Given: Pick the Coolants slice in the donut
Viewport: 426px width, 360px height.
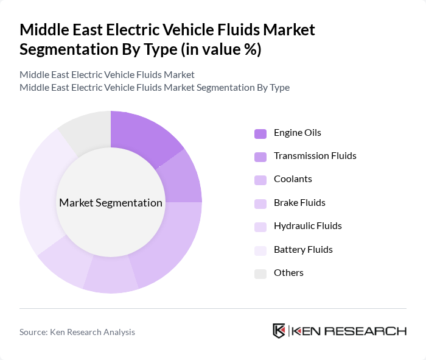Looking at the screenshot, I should pyautogui.click(x=170, y=244).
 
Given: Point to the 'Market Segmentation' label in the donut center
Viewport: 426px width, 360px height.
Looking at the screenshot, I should pyautogui.click(x=111, y=203).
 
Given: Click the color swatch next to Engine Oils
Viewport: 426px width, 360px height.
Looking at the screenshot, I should pyautogui.click(x=260, y=133).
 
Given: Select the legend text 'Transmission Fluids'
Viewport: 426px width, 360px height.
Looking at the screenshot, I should pyautogui.click(x=315, y=156).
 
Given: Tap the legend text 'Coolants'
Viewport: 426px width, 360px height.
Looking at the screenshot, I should pyautogui.click(x=293, y=179).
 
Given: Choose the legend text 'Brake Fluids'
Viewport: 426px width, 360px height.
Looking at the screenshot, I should pyautogui.click(x=299, y=203).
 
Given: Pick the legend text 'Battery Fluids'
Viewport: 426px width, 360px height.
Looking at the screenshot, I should pyautogui.click(x=303, y=250).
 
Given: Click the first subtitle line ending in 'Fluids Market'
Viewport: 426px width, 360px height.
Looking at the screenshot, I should pyautogui.click(x=107, y=74).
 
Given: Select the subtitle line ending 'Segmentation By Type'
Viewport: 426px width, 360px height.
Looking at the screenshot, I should pyautogui.click(x=155, y=87).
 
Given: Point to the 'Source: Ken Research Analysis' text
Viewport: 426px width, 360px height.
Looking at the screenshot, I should pyautogui.click(x=77, y=332).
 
